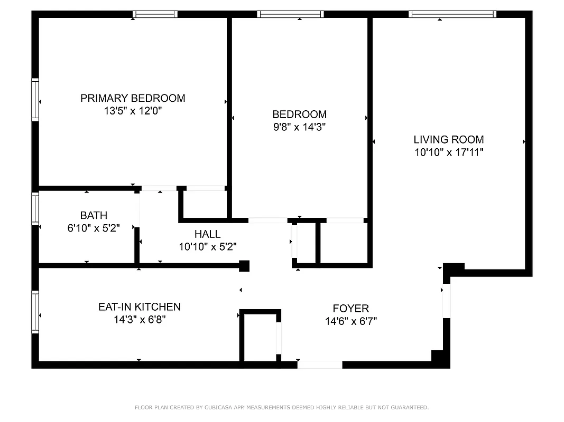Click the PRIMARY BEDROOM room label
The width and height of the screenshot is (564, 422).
point(133,98)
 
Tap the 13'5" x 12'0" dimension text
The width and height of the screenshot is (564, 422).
point(133,111)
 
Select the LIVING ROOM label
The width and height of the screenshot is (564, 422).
point(448,140)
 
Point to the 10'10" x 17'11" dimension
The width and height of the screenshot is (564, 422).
point(448,152)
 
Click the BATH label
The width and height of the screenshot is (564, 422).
point(94,215)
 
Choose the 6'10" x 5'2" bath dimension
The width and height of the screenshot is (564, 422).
point(94,228)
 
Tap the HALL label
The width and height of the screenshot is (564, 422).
point(207,234)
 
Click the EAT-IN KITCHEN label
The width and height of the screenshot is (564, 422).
point(140,306)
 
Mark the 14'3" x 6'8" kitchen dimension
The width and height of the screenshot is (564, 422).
point(140,320)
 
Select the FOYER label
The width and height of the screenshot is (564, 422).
point(350,308)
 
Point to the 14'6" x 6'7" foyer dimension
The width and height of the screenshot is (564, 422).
point(350,321)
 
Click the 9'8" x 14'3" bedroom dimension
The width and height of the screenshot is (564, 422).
point(299,127)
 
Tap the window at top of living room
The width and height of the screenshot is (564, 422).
point(453,14)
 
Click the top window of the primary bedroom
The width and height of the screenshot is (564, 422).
point(154,14)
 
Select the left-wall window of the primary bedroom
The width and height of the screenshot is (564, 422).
point(35,100)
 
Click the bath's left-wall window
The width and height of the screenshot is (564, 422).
point(35,208)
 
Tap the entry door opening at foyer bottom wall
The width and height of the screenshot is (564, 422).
point(319,365)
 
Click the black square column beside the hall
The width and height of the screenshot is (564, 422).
point(244,266)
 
